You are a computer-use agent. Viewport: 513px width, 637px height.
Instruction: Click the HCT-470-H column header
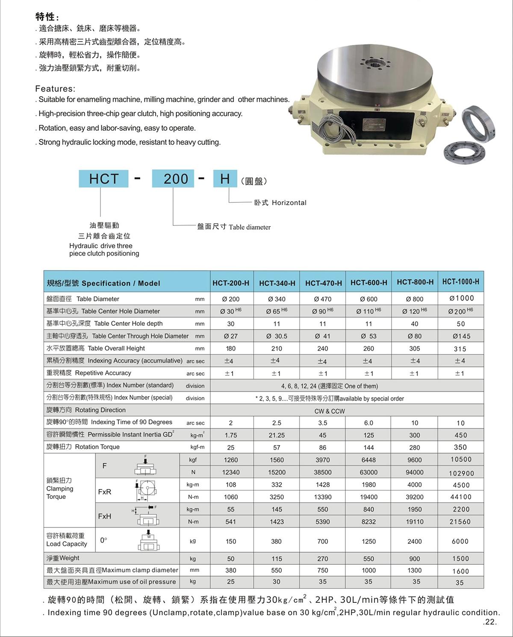click(323, 283)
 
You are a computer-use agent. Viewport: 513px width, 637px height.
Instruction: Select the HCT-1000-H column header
click(460, 282)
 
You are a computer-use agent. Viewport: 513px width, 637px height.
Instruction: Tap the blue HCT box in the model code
click(103, 179)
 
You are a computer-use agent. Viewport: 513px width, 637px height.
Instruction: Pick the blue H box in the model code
click(225, 179)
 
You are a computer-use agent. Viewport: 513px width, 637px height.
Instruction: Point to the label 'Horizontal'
click(289, 203)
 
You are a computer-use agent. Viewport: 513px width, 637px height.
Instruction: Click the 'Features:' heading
click(55, 89)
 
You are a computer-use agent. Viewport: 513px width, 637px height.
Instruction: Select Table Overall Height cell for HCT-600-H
click(369, 348)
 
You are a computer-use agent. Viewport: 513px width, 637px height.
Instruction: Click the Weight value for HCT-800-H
click(414, 559)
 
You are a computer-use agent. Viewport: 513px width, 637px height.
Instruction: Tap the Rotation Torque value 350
click(460, 447)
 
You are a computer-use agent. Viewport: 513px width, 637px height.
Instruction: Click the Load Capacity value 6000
click(460, 541)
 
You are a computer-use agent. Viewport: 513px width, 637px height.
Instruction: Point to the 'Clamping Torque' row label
click(59, 489)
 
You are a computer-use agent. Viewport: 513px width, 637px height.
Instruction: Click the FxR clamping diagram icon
click(145, 490)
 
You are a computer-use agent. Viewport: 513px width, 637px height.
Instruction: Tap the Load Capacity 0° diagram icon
click(149, 541)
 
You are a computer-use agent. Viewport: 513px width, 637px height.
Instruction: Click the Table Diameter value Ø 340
click(277, 299)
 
